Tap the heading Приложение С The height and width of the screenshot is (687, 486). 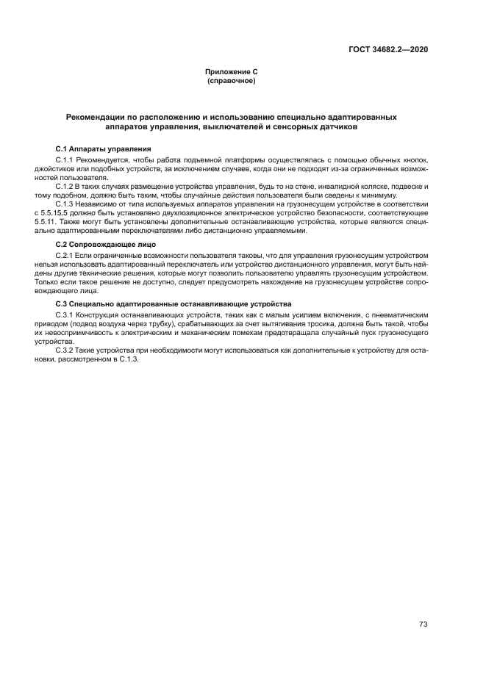[x=232, y=71]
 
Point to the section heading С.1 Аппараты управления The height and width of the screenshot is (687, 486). [x=99, y=148]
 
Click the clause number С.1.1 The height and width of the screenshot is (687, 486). [x=67, y=160]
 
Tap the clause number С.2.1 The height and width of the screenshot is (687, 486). [x=67, y=255]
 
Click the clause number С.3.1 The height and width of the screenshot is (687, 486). [x=67, y=314]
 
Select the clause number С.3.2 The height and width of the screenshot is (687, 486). [x=67, y=350]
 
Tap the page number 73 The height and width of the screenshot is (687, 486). [x=424, y=604]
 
